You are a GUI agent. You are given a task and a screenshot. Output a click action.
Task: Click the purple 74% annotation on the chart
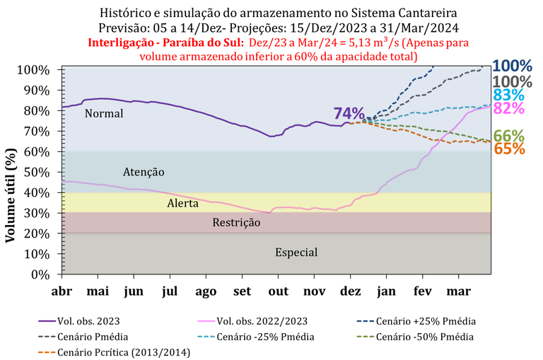(349, 114)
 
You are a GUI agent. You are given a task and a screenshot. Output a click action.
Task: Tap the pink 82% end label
(509, 108)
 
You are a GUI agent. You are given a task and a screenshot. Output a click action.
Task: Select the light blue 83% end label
(509, 95)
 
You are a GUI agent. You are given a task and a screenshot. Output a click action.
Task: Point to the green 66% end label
(509, 136)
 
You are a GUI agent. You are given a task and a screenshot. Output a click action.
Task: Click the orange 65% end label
(509, 149)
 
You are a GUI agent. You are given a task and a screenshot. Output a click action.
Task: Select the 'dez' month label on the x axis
(350, 291)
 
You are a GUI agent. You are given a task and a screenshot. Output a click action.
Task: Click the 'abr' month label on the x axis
(62, 291)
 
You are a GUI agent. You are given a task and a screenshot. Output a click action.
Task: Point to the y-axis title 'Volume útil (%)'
(11, 185)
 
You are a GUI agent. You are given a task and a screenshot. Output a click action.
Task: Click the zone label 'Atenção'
(144, 172)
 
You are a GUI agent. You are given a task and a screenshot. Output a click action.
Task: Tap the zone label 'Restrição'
(236, 223)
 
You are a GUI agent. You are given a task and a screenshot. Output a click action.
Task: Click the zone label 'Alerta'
(183, 203)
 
